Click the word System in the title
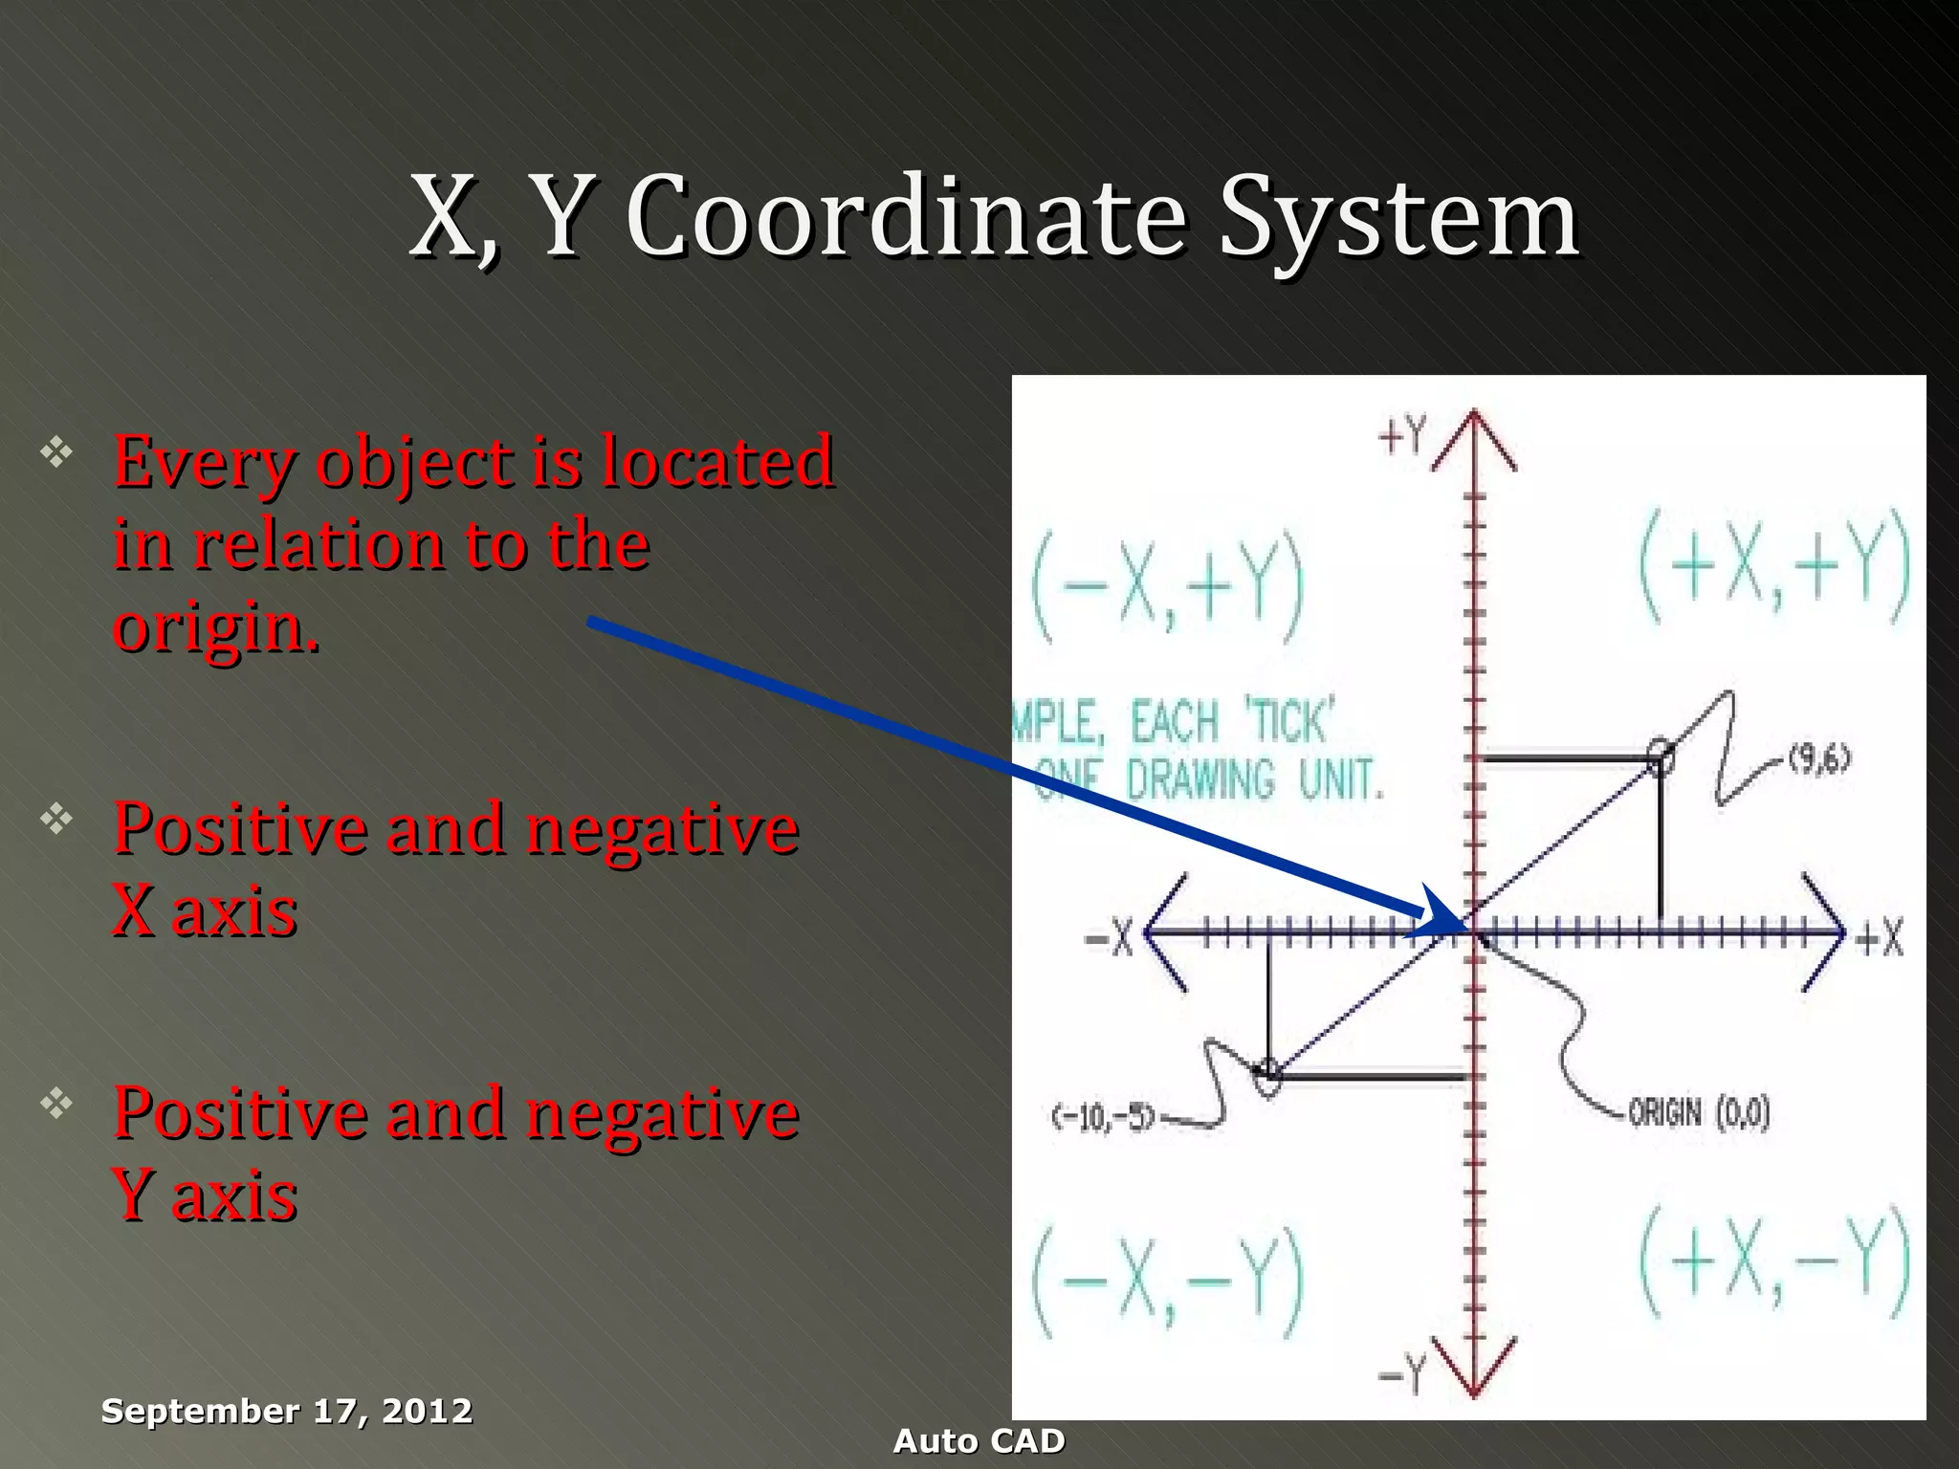click(1398, 218)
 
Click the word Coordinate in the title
click(905, 218)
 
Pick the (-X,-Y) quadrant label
click(1168, 1282)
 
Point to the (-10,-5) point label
click(1105, 1116)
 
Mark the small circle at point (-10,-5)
click(1267, 1073)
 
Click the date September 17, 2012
click(287, 1411)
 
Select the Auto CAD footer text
click(979, 1441)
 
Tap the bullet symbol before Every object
click(56, 451)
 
